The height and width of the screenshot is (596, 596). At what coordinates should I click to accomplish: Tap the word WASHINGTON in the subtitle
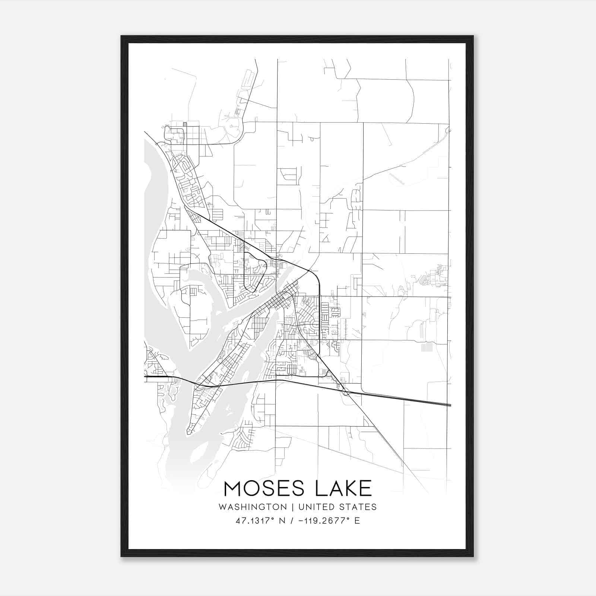[253, 507]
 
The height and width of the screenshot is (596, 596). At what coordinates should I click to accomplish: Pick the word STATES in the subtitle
[359, 507]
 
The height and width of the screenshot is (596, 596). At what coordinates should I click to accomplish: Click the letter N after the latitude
[282, 521]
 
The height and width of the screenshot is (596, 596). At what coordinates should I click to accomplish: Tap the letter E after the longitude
[357, 521]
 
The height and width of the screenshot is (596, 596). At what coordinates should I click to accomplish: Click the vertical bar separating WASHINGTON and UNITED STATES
[293, 507]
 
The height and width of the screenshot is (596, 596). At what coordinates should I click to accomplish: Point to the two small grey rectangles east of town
[427, 348]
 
